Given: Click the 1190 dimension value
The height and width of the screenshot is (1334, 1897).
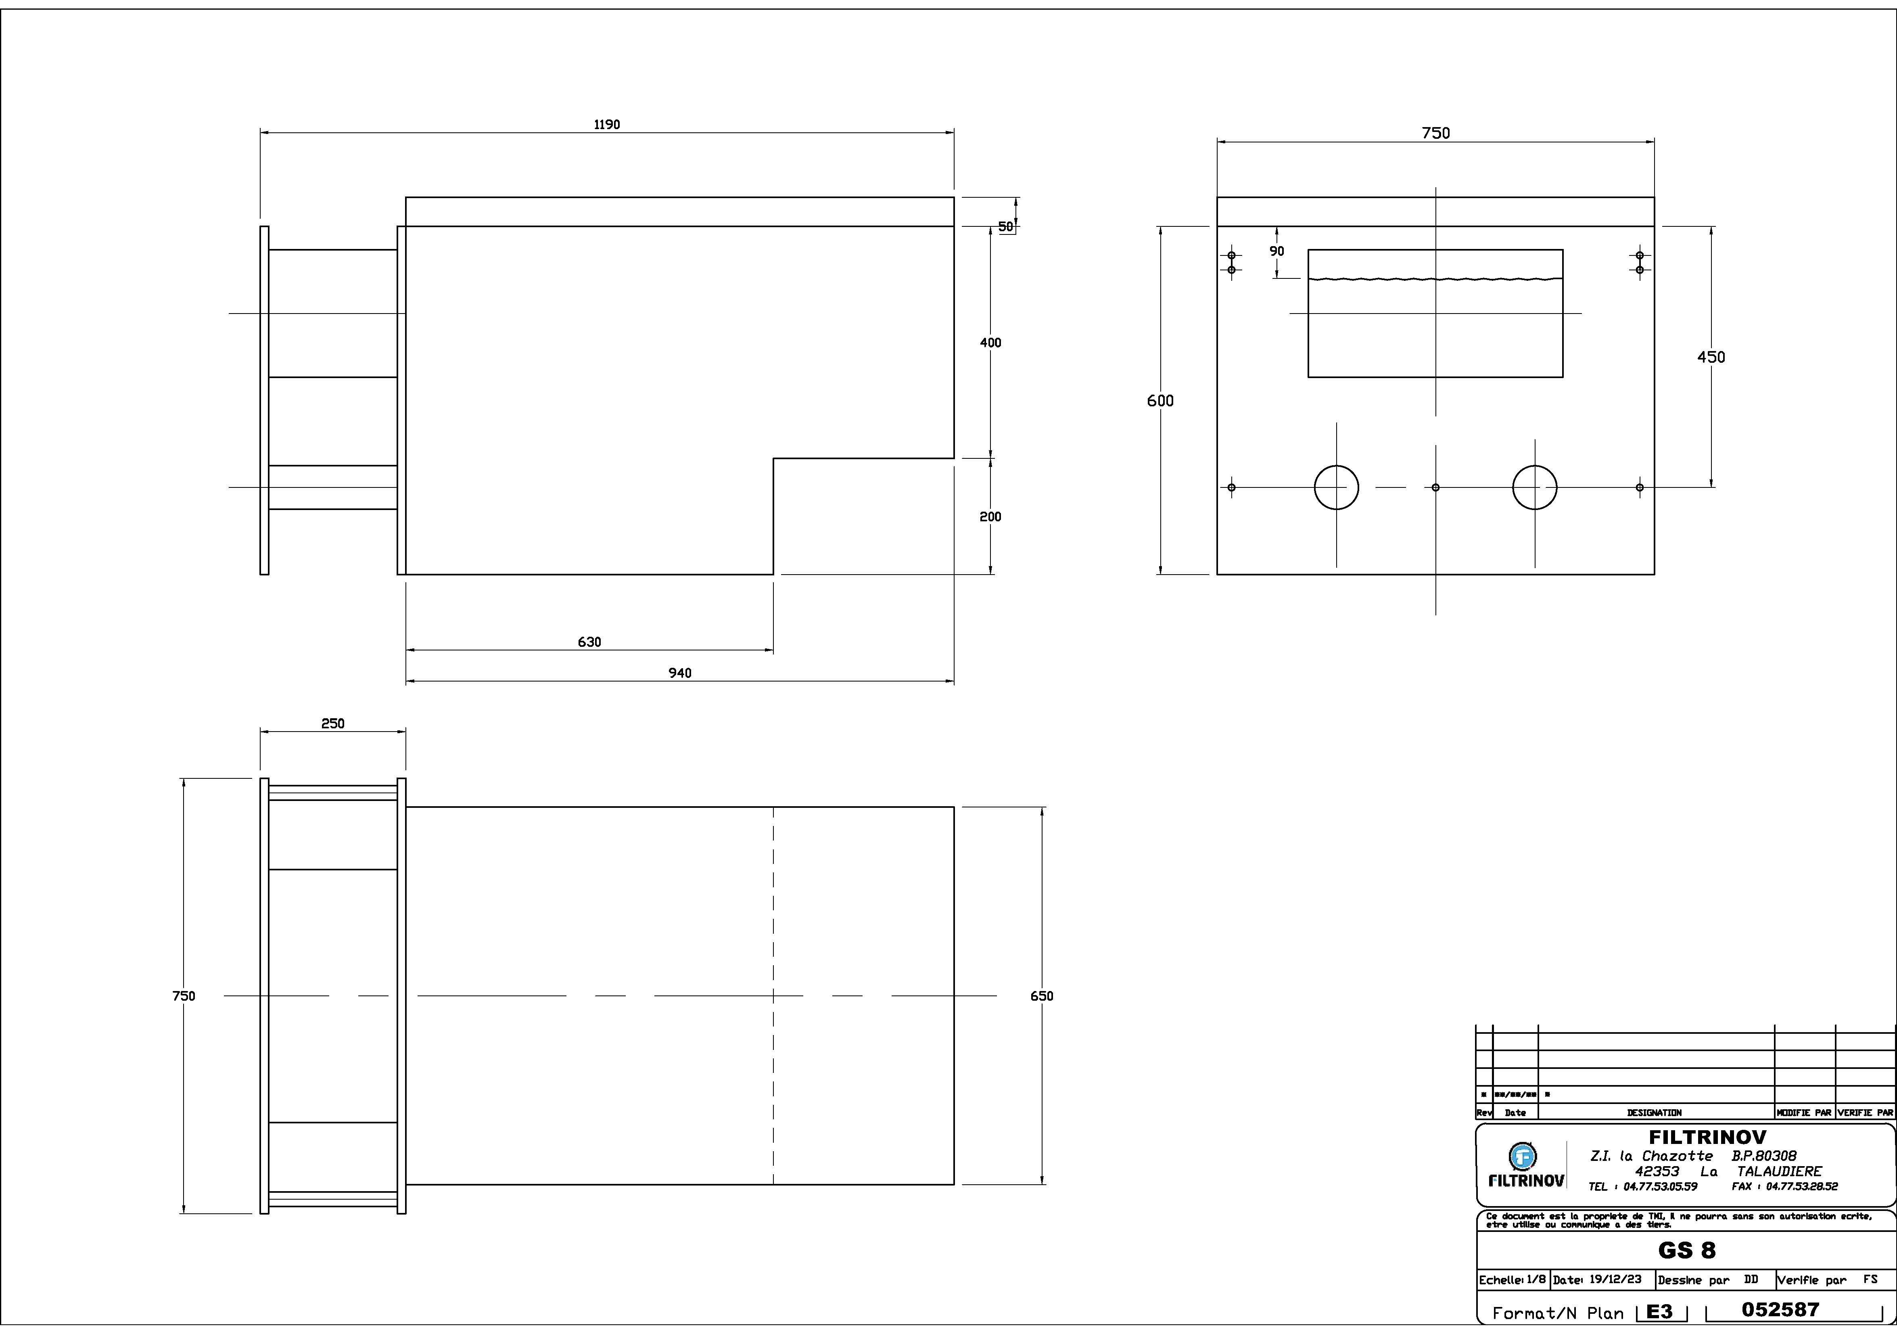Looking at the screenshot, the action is pyautogui.click(x=606, y=125).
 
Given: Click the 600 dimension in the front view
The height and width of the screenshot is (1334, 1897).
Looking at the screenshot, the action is pyautogui.click(x=1160, y=401).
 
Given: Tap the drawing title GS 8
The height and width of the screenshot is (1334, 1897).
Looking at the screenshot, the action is pyautogui.click(x=1686, y=1250).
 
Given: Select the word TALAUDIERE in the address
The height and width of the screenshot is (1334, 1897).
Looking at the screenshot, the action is pyautogui.click(x=1779, y=1171).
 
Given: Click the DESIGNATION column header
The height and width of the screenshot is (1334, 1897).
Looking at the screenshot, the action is pyautogui.click(x=1654, y=1112).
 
